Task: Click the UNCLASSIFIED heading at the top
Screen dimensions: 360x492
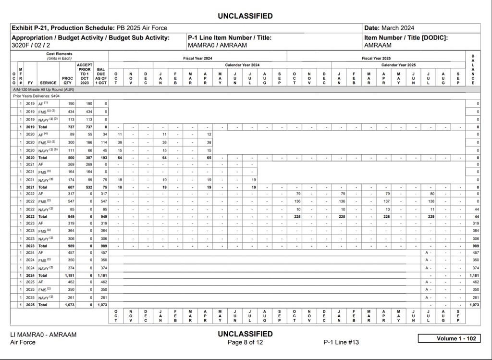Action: pos(245,16)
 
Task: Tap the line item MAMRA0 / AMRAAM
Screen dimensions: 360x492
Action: pos(217,45)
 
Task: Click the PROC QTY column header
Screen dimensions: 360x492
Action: pos(67,80)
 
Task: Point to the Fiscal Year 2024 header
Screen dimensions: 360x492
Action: pos(197,59)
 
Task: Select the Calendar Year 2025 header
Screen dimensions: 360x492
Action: pos(398,65)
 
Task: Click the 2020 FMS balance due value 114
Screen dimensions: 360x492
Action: pos(103,142)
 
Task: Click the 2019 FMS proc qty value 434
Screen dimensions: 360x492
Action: pos(71,111)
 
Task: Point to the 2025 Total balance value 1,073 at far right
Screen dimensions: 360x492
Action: pos(474,305)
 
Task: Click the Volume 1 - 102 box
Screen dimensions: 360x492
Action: pos(449,338)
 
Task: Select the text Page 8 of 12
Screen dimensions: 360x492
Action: pos(245,342)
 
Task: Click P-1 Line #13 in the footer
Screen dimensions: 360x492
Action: pos(341,342)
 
